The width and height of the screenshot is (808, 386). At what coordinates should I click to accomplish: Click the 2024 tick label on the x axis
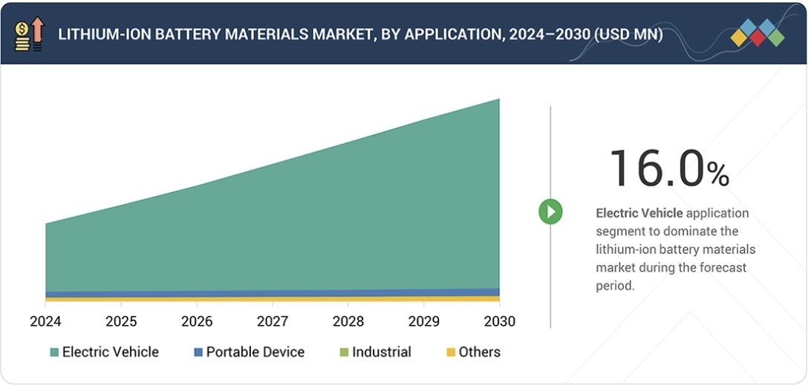pyautogui.click(x=45, y=321)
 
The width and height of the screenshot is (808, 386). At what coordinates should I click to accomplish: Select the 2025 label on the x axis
pyautogui.click(x=121, y=321)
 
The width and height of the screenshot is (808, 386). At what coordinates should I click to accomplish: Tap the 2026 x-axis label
pyautogui.click(x=197, y=321)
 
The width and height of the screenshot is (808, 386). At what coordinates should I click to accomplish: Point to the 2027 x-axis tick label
pyautogui.click(x=273, y=321)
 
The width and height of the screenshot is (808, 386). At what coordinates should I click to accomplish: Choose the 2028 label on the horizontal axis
pyautogui.click(x=348, y=321)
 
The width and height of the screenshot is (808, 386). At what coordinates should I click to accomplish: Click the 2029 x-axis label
pyautogui.click(x=423, y=321)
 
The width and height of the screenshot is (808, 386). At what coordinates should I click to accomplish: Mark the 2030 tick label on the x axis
pyautogui.click(x=499, y=321)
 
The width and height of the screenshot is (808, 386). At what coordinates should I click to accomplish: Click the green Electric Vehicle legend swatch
pyautogui.click(x=53, y=353)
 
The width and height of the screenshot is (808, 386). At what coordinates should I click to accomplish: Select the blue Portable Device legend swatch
pyautogui.click(x=198, y=353)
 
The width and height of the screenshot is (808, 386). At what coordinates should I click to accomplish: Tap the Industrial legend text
pyautogui.click(x=381, y=353)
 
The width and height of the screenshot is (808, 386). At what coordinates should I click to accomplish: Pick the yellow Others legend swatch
pyautogui.click(x=449, y=353)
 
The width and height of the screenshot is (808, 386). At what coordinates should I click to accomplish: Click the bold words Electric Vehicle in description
pyautogui.click(x=639, y=213)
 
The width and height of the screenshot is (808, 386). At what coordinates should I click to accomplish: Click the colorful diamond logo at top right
pyautogui.click(x=757, y=33)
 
